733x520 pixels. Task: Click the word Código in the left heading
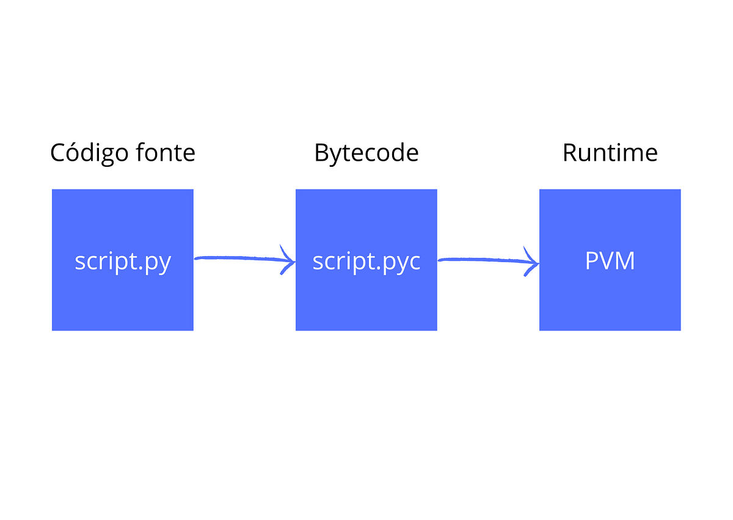(x=89, y=153)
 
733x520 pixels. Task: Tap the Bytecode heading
(x=366, y=153)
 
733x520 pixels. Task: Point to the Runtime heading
(x=610, y=153)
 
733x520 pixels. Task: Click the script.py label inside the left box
(x=123, y=262)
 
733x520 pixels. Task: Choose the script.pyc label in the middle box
(x=366, y=262)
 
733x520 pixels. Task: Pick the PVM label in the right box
(x=610, y=261)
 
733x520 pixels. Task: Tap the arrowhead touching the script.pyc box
(x=289, y=261)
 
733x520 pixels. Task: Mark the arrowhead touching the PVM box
(x=533, y=263)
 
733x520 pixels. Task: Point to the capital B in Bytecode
(x=321, y=153)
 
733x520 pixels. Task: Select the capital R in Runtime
(x=569, y=153)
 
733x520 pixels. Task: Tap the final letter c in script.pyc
(x=414, y=263)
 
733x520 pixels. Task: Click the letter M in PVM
(x=624, y=261)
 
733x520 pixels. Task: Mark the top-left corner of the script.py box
(x=53, y=190)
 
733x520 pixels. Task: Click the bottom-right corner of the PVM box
(x=680, y=330)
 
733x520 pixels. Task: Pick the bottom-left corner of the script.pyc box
(x=296, y=330)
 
